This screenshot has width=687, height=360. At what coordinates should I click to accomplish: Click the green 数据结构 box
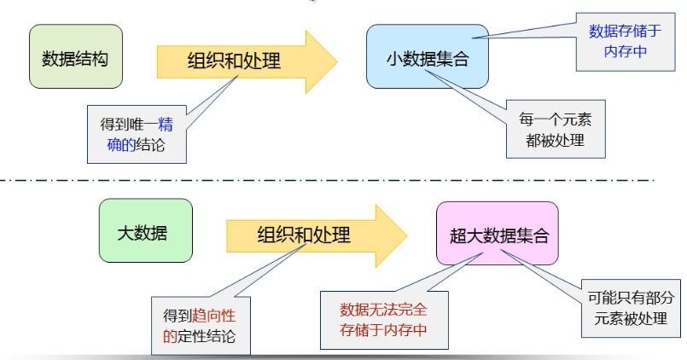tap(75, 58)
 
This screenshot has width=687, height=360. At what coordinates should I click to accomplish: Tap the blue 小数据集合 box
tap(427, 58)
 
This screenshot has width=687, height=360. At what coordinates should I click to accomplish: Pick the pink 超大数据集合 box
tap(498, 233)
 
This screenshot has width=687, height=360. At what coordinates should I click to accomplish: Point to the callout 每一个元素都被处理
tap(556, 129)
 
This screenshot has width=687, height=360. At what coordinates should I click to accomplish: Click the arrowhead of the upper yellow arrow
tap(321, 61)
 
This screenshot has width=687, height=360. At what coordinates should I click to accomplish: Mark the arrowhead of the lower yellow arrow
tap(390, 235)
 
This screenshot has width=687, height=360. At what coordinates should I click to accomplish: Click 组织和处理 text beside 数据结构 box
tap(235, 61)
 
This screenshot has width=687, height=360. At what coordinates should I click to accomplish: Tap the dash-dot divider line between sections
tap(341, 181)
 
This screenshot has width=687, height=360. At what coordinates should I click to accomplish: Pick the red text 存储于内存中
tap(384, 329)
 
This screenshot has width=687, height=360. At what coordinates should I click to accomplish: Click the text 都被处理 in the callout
tap(556, 139)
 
